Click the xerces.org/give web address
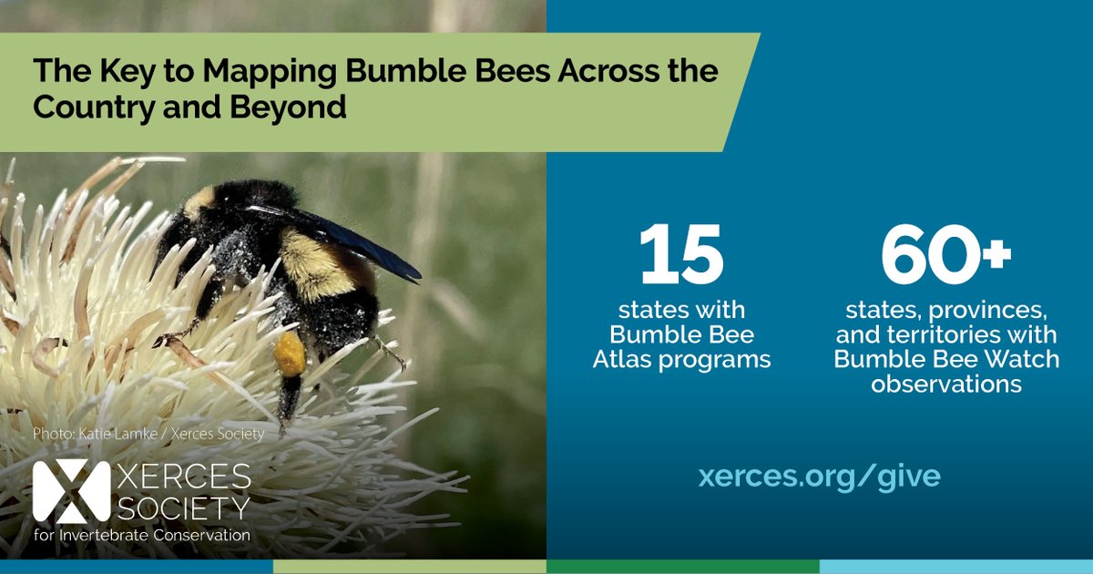tap(819, 476)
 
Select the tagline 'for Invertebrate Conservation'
tap(141, 535)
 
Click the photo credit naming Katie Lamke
tap(148, 435)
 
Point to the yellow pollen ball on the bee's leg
tap(291, 354)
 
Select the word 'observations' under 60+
tap(945, 384)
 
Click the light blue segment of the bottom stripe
tap(956, 567)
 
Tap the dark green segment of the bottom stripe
tap(683, 567)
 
